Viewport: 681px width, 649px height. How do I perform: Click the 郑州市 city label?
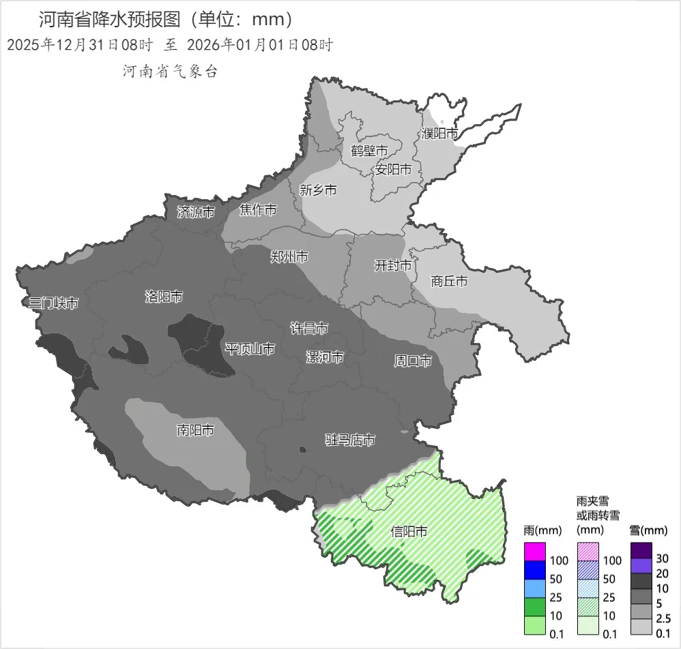[x=289, y=257]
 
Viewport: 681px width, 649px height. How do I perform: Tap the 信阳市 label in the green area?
[x=409, y=531]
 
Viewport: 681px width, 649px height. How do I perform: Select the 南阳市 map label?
[x=195, y=430]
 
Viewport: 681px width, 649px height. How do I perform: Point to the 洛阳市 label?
[x=164, y=297]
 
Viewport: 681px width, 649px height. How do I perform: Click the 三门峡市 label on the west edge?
[x=53, y=303]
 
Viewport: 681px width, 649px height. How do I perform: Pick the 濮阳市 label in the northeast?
[x=439, y=134]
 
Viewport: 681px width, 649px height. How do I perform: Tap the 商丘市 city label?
[x=450, y=281]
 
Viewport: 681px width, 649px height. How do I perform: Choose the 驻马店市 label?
[x=349, y=440]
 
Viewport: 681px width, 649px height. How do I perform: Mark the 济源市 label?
[x=196, y=212]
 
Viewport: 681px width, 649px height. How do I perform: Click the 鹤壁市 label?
[x=369, y=150]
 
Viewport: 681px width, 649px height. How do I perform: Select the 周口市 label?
[x=413, y=361]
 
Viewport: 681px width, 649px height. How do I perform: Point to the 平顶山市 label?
[x=250, y=349]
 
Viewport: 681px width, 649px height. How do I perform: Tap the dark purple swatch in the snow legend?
[x=641, y=549]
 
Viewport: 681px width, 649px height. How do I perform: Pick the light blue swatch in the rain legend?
[x=534, y=587]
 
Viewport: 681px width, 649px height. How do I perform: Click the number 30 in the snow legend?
[x=663, y=558]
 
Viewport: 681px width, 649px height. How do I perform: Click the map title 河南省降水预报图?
[x=113, y=18]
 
